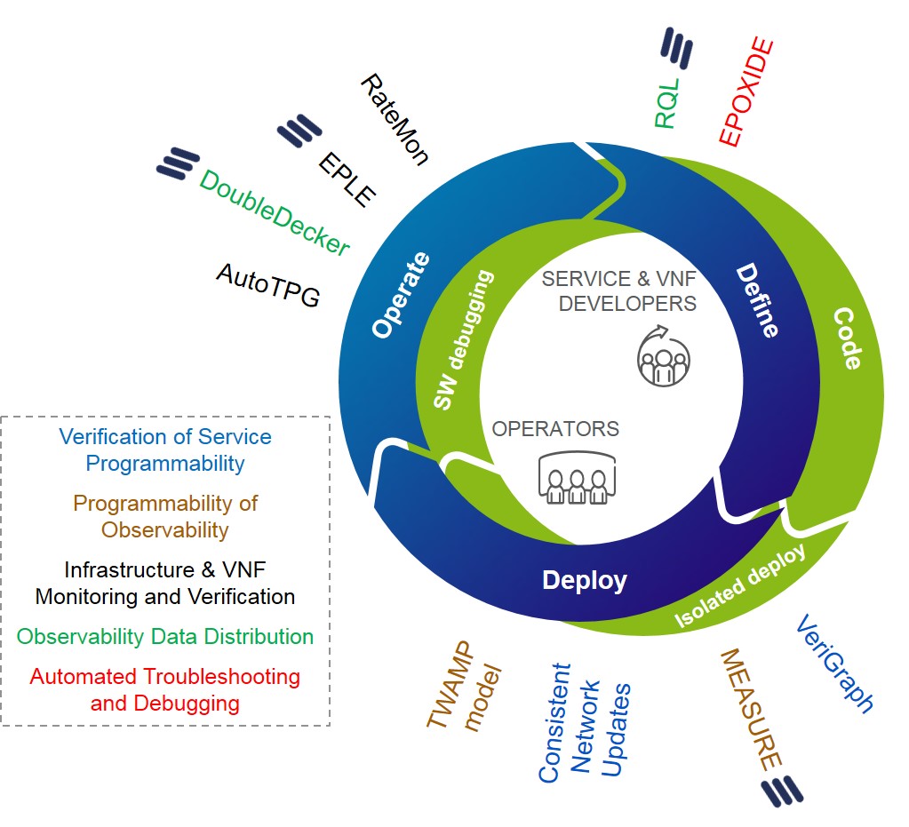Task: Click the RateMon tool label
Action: (395, 119)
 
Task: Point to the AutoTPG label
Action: (267, 285)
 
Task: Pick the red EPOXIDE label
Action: (746, 92)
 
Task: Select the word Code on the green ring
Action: (847, 338)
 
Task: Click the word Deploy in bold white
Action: (585, 581)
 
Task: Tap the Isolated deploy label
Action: (740, 585)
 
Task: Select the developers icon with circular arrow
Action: (662, 356)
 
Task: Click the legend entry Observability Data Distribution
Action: (165, 637)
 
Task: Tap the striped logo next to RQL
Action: (676, 48)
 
